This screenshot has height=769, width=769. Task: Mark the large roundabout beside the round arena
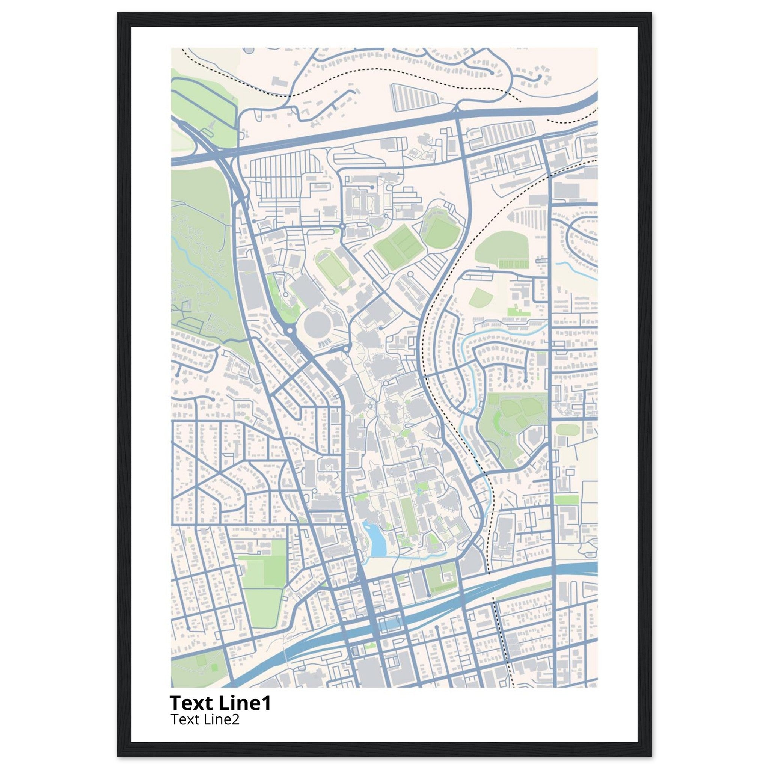pos(289,330)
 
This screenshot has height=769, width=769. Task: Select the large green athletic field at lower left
pos(263,589)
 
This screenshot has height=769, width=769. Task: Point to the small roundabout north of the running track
pos(342,226)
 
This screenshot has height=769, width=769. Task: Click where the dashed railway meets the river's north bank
pos(489,574)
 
